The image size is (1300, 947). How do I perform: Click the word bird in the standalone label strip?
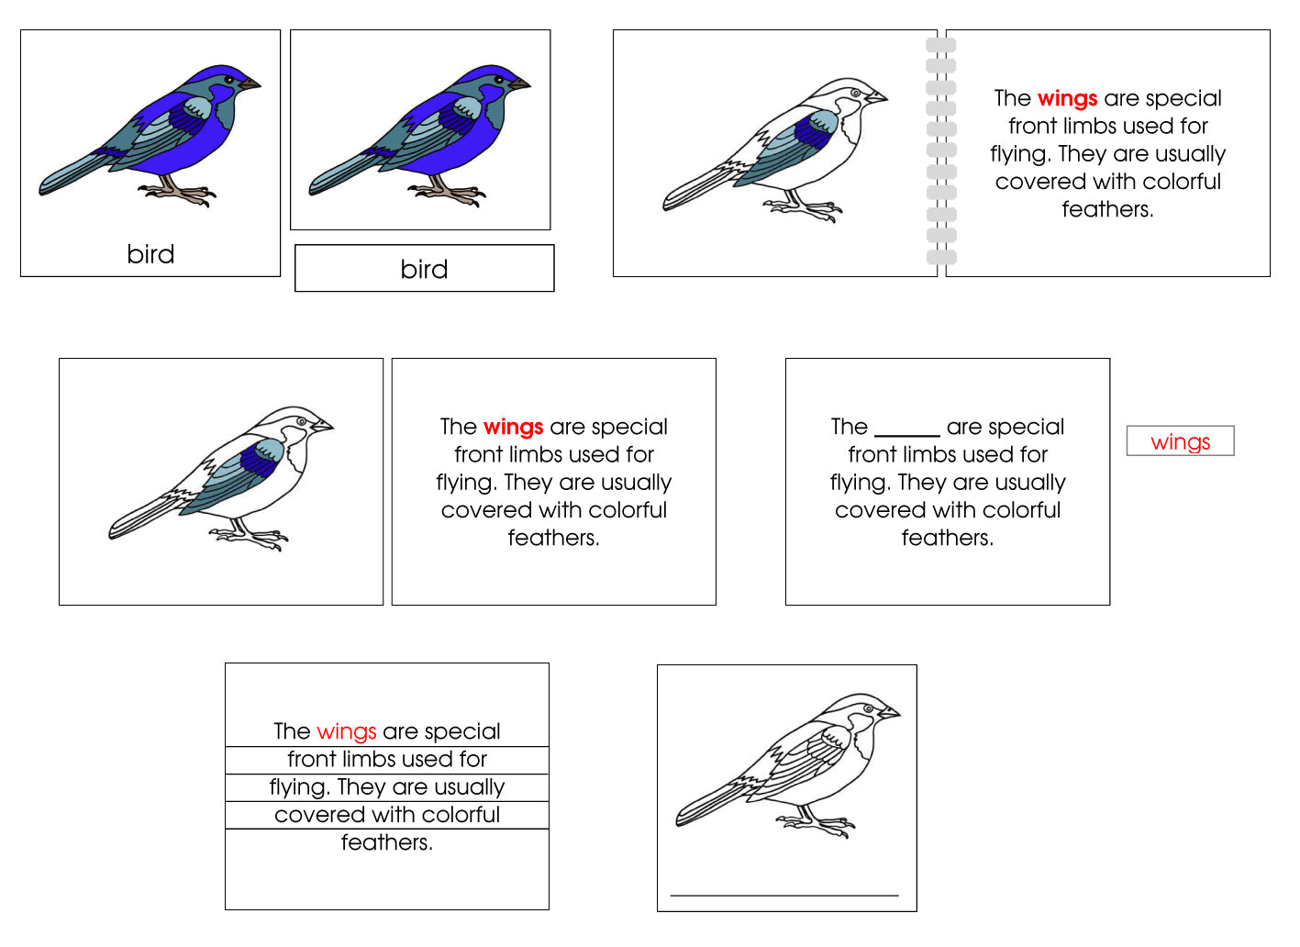pos(424,269)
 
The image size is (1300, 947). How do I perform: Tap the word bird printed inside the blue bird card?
pos(150,254)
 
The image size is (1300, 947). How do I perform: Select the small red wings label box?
pos(1180,441)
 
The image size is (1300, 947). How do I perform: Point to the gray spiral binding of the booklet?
pos(941,152)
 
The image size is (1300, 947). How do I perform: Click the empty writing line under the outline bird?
pos(784,894)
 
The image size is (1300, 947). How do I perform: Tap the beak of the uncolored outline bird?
pos(889,712)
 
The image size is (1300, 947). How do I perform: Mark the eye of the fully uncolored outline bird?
pos(867,709)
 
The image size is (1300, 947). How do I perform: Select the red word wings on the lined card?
pos(346,731)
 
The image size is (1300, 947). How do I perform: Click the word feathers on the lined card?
pos(386,842)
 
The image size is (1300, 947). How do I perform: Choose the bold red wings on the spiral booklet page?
pos(1067,98)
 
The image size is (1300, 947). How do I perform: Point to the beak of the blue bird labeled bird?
pos(250,84)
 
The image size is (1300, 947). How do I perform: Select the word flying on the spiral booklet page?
pos(1019,154)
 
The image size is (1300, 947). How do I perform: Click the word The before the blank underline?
pos(849,427)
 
